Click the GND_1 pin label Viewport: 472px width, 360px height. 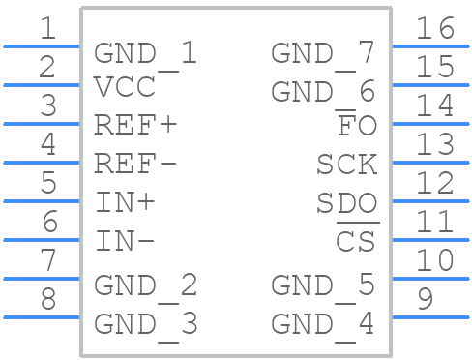point(145,54)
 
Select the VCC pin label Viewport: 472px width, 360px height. point(125,88)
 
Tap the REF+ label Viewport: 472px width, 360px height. point(136,126)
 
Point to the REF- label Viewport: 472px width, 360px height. point(136,165)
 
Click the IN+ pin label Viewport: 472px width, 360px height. point(126,203)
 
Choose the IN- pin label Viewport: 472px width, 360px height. point(126,242)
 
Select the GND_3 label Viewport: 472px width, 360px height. point(145,324)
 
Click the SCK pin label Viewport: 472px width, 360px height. point(346,165)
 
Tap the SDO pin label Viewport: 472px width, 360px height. point(346,203)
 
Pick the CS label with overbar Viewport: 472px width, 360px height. point(355,241)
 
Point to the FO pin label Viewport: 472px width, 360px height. point(356,126)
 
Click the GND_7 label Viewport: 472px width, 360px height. point(322,54)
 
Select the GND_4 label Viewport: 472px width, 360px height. point(322,324)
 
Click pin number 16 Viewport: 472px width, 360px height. point(434,29)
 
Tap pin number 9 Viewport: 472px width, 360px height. point(425,300)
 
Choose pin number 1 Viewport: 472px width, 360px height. point(47,29)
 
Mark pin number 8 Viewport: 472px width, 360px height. point(47,300)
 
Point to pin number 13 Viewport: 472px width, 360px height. point(434,145)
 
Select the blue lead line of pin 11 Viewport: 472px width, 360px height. point(430,239)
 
